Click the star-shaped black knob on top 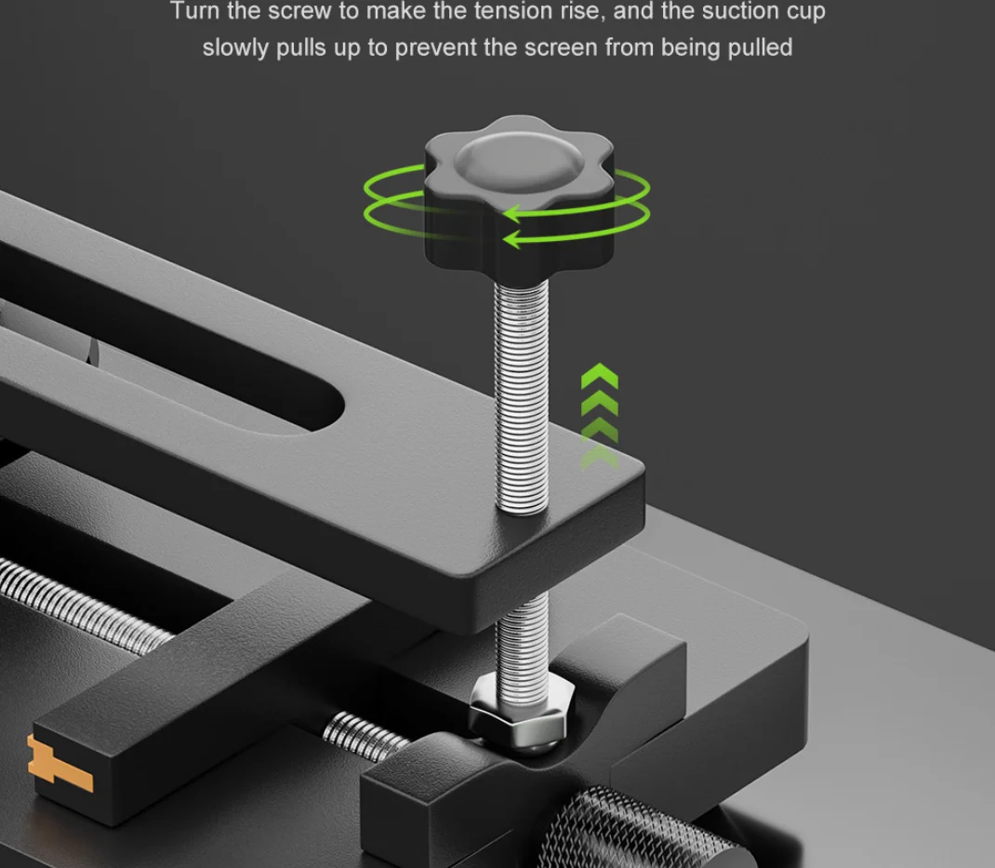pos(519,192)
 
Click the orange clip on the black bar pos(59,763)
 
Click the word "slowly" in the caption pos(234,48)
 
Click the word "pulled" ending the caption pos(761,48)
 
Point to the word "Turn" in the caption pos(194,11)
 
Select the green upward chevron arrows pos(599,417)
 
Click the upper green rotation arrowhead pos(515,213)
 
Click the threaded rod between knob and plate pos(522,397)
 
